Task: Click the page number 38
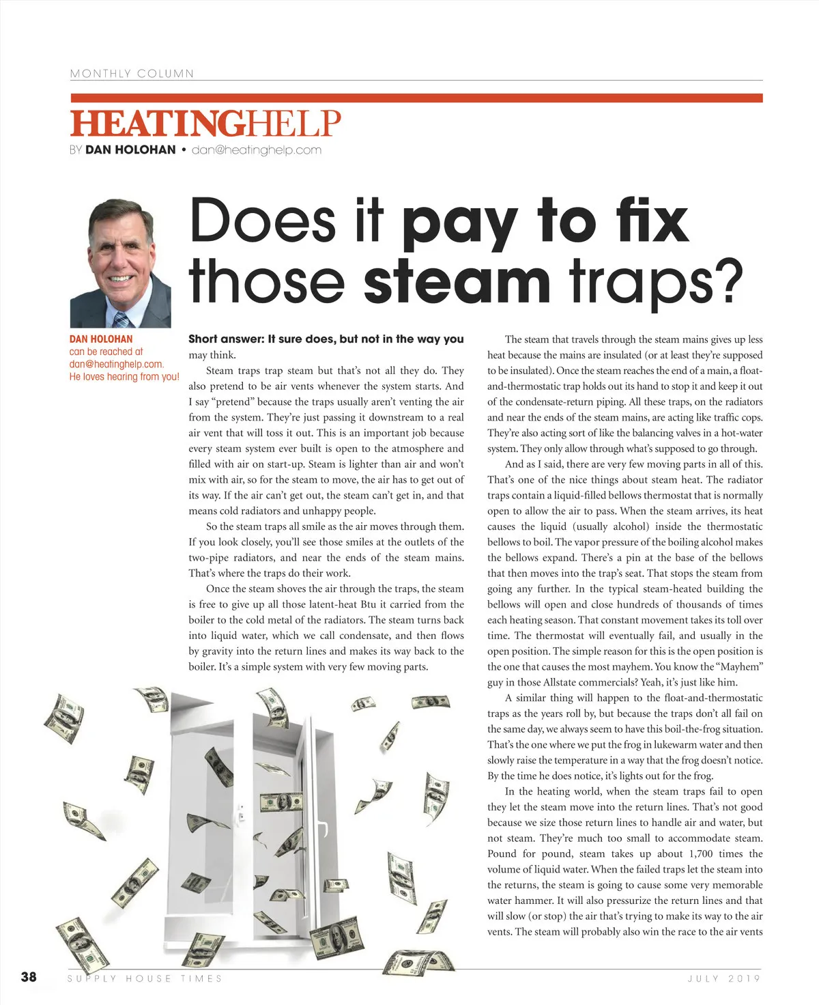click(29, 977)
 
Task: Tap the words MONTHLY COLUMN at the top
click(132, 74)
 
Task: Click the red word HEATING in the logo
click(158, 124)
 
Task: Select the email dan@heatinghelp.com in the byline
click(257, 150)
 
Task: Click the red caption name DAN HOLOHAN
click(101, 339)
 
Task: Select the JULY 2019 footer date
click(724, 978)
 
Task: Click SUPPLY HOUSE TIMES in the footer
click(145, 978)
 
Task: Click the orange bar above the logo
click(416, 98)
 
